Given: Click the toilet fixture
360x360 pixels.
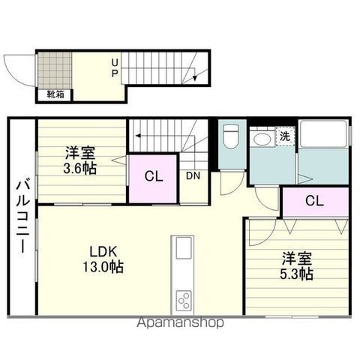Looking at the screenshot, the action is [x=230, y=136].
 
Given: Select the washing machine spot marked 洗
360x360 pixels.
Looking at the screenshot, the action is [x=285, y=136].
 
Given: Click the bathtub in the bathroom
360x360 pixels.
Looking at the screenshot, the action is [x=323, y=133].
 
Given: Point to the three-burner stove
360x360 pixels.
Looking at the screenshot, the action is [x=184, y=300].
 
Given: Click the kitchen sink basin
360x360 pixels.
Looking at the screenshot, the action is [x=184, y=247].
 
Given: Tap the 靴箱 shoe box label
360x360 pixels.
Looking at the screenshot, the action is [x=55, y=94].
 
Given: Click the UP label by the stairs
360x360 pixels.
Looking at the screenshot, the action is [x=115, y=67].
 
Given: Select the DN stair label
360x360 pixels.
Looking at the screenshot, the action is [x=193, y=175].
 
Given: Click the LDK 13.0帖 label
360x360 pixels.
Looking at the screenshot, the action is [x=103, y=259].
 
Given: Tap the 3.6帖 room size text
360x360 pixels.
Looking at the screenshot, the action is [x=80, y=169].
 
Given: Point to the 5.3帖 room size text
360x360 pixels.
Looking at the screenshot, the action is [x=296, y=274].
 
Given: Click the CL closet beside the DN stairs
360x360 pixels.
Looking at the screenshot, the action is [x=153, y=178].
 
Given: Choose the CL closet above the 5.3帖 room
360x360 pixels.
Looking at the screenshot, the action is [x=316, y=202].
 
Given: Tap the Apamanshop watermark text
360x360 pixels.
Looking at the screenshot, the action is [x=180, y=322].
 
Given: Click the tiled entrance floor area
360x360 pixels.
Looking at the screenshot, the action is [x=55, y=70].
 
